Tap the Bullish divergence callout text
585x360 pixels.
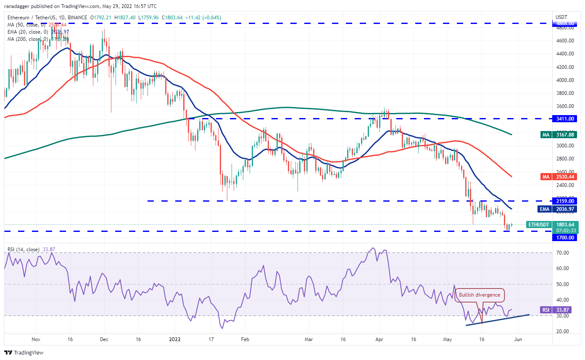pyautogui.click(x=480, y=294)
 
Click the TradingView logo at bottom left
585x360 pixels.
pyautogui.click(x=24, y=352)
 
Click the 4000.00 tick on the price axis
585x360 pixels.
pyautogui.click(x=564, y=80)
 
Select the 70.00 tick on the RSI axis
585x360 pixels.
pyautogui.click(x=562, y=252)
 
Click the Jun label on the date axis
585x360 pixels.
pyautogui.click(x=518, y=339)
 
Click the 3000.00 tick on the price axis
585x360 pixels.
pyautogui.click(x=564, y=146)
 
